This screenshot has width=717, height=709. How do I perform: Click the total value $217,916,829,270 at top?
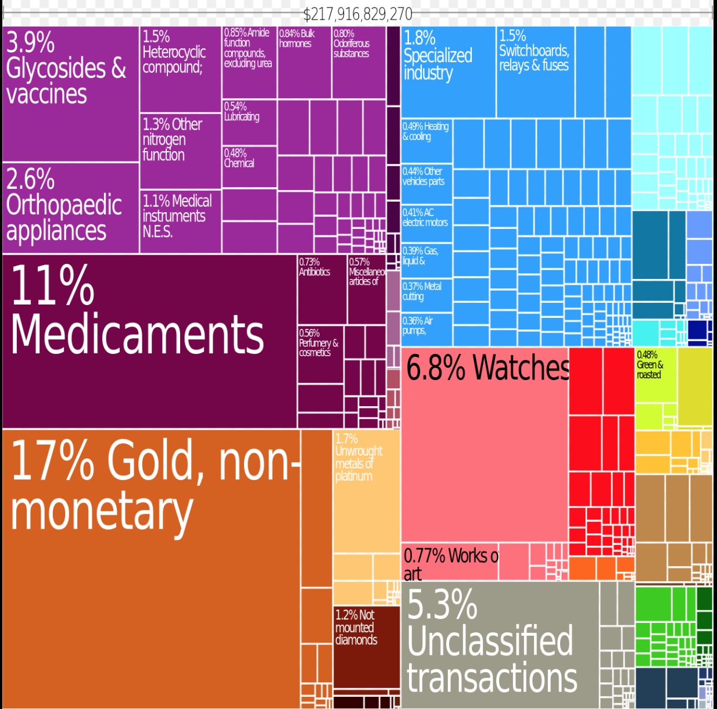[358, 14]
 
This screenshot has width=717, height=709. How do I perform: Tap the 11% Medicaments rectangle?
[149, 342]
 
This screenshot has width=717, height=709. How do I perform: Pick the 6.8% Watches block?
[485, 445]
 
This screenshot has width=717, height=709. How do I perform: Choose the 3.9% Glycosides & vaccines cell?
[70, 94]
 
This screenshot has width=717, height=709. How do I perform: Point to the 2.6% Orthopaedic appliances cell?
[70, 208]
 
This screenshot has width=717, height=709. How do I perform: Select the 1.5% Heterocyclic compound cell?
[180, 69]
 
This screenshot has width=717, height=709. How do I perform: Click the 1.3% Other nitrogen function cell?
[180, 151]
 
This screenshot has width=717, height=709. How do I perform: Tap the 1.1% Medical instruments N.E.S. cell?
[180, 221]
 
